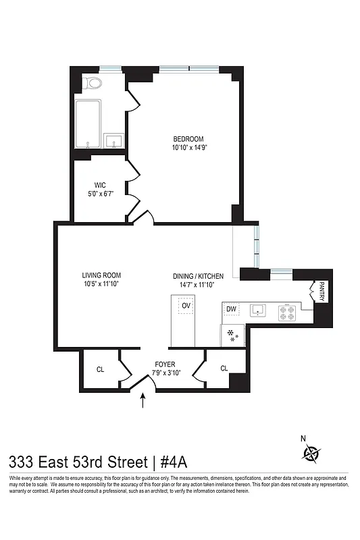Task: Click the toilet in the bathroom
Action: point(93,84)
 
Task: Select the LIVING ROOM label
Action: point(101,275)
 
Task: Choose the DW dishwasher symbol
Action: point(231,310)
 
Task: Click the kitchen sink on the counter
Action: point(258,310)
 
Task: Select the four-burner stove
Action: point(288,311)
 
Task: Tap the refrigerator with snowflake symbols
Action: point(232,335)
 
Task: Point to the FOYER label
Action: point(165,364)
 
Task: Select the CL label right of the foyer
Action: point(224,368)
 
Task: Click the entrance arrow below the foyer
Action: point(143,402)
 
